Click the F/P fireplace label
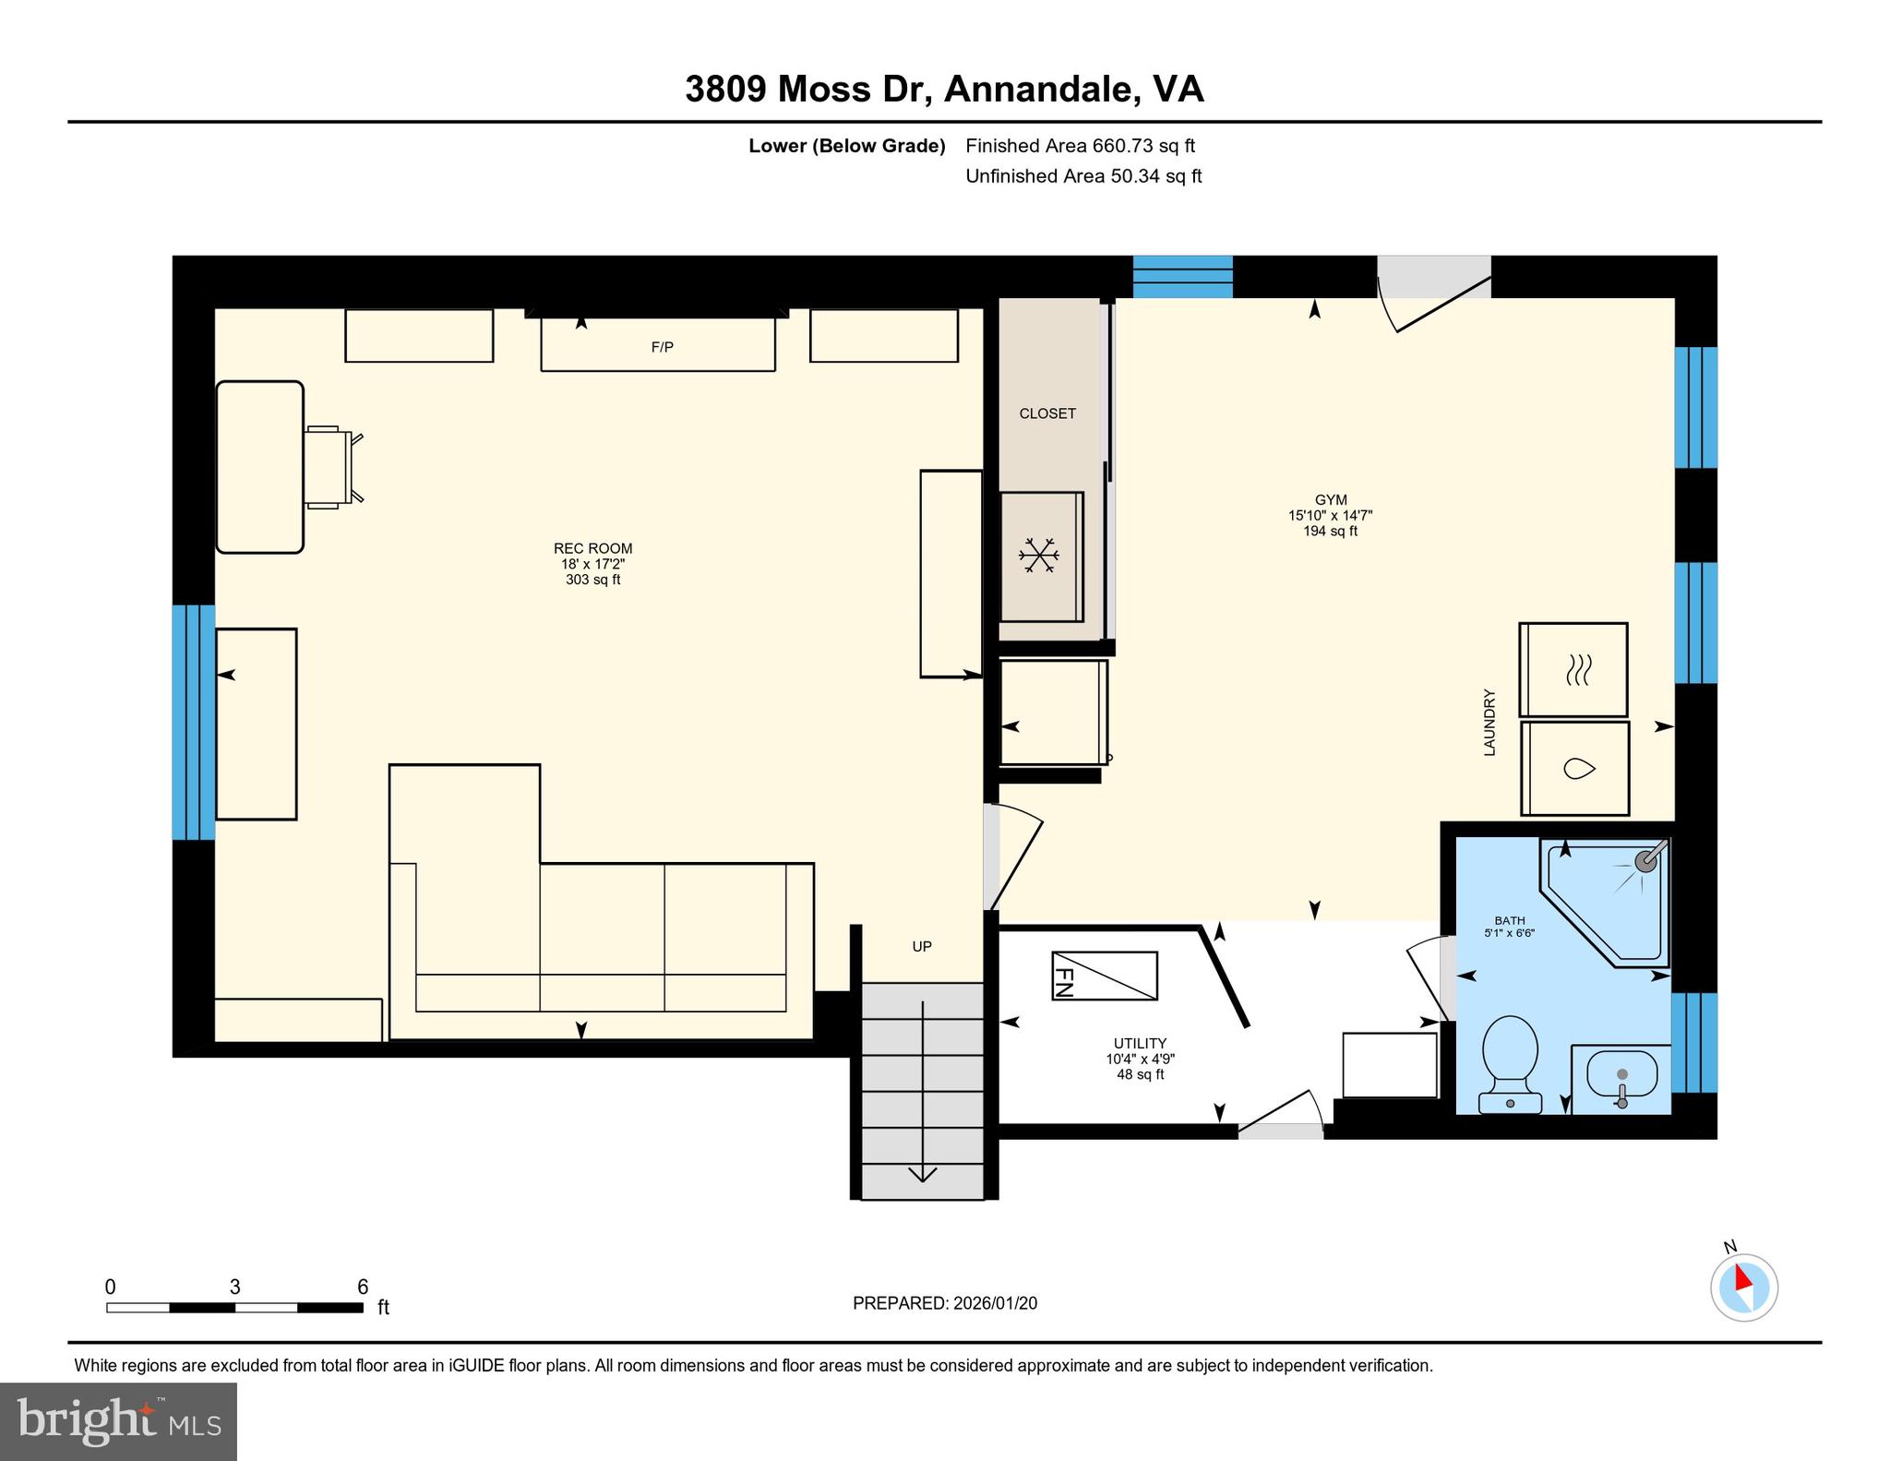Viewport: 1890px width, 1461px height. (662, 347)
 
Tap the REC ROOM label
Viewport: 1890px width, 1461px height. (592, 548)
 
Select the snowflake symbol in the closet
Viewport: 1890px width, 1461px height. (1038, 556)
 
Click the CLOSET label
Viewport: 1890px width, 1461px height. (1047, 413)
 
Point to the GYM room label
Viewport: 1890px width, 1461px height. (1331, 500)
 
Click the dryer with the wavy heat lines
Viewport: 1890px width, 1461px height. (1573, 670)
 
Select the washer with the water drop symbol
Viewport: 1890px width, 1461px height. (1574, 769)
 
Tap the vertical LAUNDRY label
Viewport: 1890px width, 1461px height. (1489, 723)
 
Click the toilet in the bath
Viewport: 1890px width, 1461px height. (1510, 1064)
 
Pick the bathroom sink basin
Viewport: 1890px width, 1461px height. (1621, 1074)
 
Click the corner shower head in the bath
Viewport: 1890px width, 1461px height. (1647, 861)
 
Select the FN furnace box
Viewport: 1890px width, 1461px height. (1104, 976)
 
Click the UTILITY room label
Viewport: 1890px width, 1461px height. (1141, 1043)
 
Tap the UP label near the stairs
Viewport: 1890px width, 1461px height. (922, 946)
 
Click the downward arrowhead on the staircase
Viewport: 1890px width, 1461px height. (923, 1174)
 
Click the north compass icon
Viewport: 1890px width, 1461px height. (1743, 1287)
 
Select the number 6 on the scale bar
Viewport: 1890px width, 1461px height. (363, 1287)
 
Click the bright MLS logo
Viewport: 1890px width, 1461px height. (119, 1421)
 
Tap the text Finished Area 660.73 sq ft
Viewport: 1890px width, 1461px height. (1080, 145)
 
